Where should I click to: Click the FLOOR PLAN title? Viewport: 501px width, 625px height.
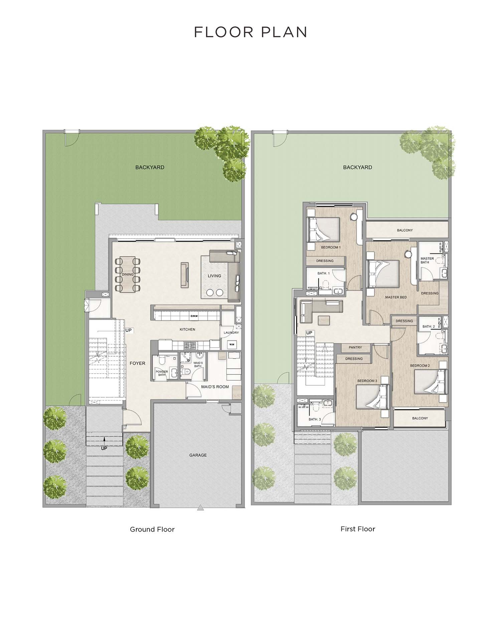pyautogui.click(x=251, y=32)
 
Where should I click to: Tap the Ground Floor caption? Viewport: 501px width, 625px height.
pyautogui.click(x=152, y=529)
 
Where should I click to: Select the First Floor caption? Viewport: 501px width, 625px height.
pyautogui.click(x=358, y=529)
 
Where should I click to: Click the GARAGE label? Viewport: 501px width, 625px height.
pyautogui.click(x=198, y=455)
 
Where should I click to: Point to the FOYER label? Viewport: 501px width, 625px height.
pyautogui.click(x=138, y=363)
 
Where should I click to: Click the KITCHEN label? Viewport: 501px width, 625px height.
pyautogui.click(x=187, y=330)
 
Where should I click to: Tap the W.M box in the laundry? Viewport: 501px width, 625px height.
pyautogui.click(x=232, y=344)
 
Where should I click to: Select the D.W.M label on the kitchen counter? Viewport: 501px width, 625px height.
pyautogui.click(x=194, y=316)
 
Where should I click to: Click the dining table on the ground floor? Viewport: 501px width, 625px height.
pyautogui.click(x=127, y=274)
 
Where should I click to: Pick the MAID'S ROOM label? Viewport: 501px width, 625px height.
pyautogui.click(x=215, y=387)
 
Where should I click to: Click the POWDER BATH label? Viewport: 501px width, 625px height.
pyautogui.click(x=162, y=373)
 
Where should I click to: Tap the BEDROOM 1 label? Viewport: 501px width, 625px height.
pyautogui.click(x=331, y=247)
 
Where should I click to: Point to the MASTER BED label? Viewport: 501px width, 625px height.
pyautogui.click(x=396, y=297)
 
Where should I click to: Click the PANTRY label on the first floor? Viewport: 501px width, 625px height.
pyautogui.click(x=355, y=347)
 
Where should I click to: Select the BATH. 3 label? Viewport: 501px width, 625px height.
pyautogui.click(x=315, y=419)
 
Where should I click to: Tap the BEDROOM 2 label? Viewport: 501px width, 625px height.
pyautogui.click(x=420, y=366)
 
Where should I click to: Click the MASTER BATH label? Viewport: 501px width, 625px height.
pyautogui.click(x=427, y=260)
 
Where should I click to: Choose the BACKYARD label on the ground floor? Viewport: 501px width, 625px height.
pyautogui.click(x=150, y=167)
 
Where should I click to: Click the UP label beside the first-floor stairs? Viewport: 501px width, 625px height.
pyautogui.click(x=309, y=333)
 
